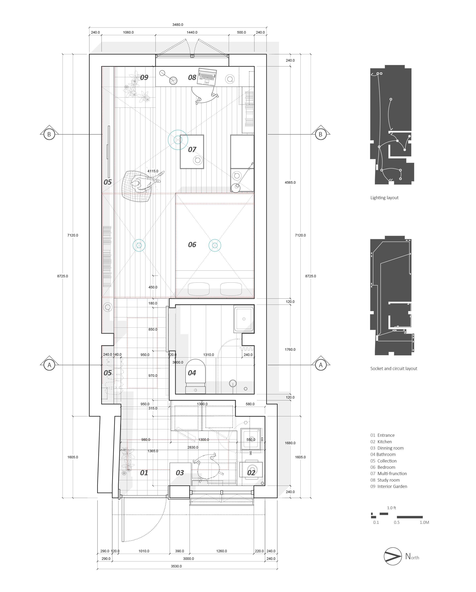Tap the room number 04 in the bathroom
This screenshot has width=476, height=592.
click(x=192, y=373)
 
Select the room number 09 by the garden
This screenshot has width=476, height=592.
click(x=144, y=77)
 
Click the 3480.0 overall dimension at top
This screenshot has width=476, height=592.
click(x=178, y=25)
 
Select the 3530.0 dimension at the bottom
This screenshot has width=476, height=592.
click(x=176, y=566)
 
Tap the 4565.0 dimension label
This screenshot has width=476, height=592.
click(x=290, y=182)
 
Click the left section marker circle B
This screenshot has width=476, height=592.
click(x=49, y=134)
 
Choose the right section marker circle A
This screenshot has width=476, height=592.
click(x=321, y=365)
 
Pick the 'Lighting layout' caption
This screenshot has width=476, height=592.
click(x=384, y=198)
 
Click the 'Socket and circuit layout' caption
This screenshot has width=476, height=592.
click(x=393, y=368)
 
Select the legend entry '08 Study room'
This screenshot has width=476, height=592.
click(x=385, y=480)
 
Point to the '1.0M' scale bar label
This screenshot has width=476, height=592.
click(x=424, y=522)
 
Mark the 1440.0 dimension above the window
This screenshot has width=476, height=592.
click(x=192, y=32)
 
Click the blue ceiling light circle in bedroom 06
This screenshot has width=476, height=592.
click(x=215, y=245)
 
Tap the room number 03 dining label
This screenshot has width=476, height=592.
click(x=180, y=473)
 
